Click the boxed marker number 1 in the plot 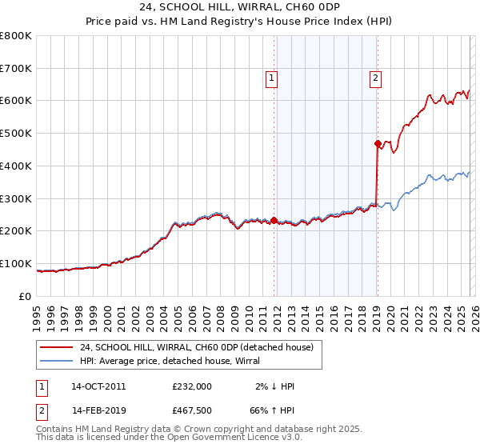coord(273,78)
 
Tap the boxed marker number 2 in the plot coord(375,78)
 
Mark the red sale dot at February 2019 coord(377,144)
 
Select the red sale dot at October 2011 coord(274,220)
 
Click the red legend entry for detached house coord(201,347)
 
